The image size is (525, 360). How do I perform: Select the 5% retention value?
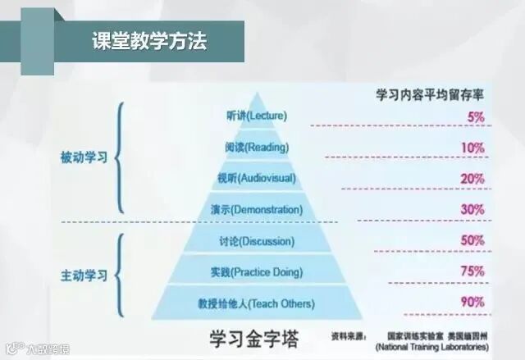point(476,116)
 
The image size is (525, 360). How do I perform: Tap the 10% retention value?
point(473,148)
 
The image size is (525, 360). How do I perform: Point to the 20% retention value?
point(472,179)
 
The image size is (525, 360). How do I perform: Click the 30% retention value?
point(472,209)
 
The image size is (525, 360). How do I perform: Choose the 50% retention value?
point(472,240)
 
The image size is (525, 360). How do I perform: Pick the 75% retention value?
point(472,271)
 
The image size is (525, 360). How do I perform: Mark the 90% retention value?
point(472,302)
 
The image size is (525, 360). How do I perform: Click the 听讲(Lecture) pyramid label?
point(254,116)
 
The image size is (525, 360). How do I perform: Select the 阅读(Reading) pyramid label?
point(255,147)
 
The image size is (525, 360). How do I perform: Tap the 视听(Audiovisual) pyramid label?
point(255,178)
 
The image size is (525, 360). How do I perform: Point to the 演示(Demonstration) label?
point(256,210)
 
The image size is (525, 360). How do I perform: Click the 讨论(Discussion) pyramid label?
point(256,241)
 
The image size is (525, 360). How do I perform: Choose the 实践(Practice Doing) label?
point(256,272)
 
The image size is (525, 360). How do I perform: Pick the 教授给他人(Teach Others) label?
point(256,303)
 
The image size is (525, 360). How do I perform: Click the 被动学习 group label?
point(84,157)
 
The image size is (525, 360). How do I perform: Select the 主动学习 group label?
point(84,276)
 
